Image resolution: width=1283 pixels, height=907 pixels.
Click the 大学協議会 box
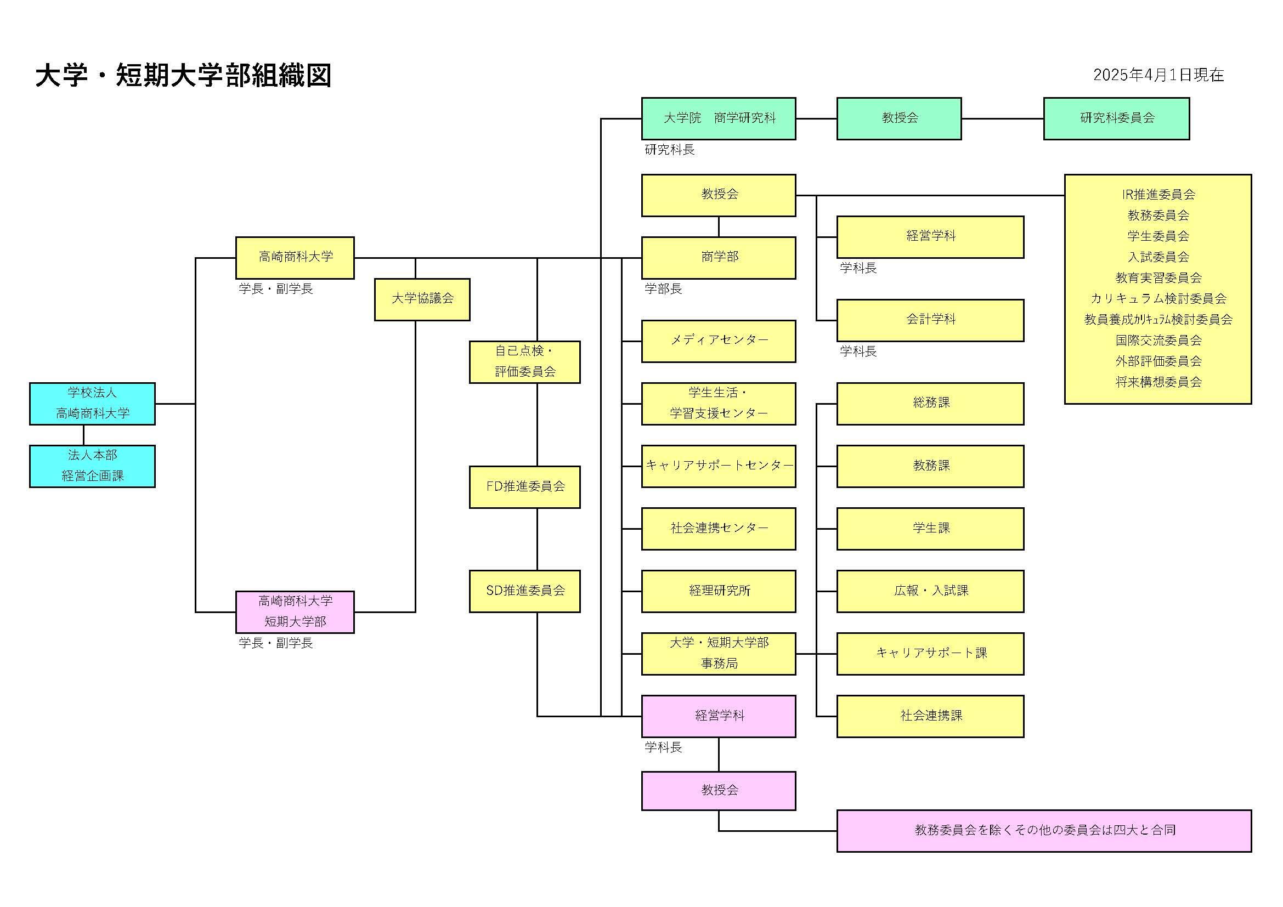tap(422, 299)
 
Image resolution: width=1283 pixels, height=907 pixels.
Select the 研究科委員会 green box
tap(1116, 118)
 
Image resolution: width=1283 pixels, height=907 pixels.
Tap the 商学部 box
tap(718, 258)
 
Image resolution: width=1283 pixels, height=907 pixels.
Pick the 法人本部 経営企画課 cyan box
tap(92, 466)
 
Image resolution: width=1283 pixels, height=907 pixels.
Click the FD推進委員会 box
tap(524, 487)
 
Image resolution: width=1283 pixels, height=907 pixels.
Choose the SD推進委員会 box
tap(524, 591)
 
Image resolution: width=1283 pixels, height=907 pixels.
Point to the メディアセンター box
tap(718, 341)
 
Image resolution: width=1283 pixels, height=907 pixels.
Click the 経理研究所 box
tap(718, 591)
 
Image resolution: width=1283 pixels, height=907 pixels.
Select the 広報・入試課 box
tap(930, 591)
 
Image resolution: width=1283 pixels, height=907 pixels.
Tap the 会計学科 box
tap(930, 320)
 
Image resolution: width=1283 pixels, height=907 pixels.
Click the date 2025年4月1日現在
tap(1158, 75)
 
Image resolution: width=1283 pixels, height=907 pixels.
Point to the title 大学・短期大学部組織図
tap(183, 75)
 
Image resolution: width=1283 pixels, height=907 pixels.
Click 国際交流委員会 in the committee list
tap(1158, 340)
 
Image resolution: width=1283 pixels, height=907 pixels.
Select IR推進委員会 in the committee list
tap(1158, 194)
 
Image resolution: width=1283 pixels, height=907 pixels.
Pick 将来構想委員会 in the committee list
tap(1158, 382)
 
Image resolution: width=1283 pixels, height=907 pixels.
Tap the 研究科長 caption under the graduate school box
tap(669, 150)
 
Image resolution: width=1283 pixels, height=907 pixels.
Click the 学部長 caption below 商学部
tap(663, 289)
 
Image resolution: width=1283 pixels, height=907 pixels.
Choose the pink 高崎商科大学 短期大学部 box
tap(295, 611)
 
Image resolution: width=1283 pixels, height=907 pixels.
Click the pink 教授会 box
tap(718, 790)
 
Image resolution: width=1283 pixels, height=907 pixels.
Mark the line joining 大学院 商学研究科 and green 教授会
tap(816, 118)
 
